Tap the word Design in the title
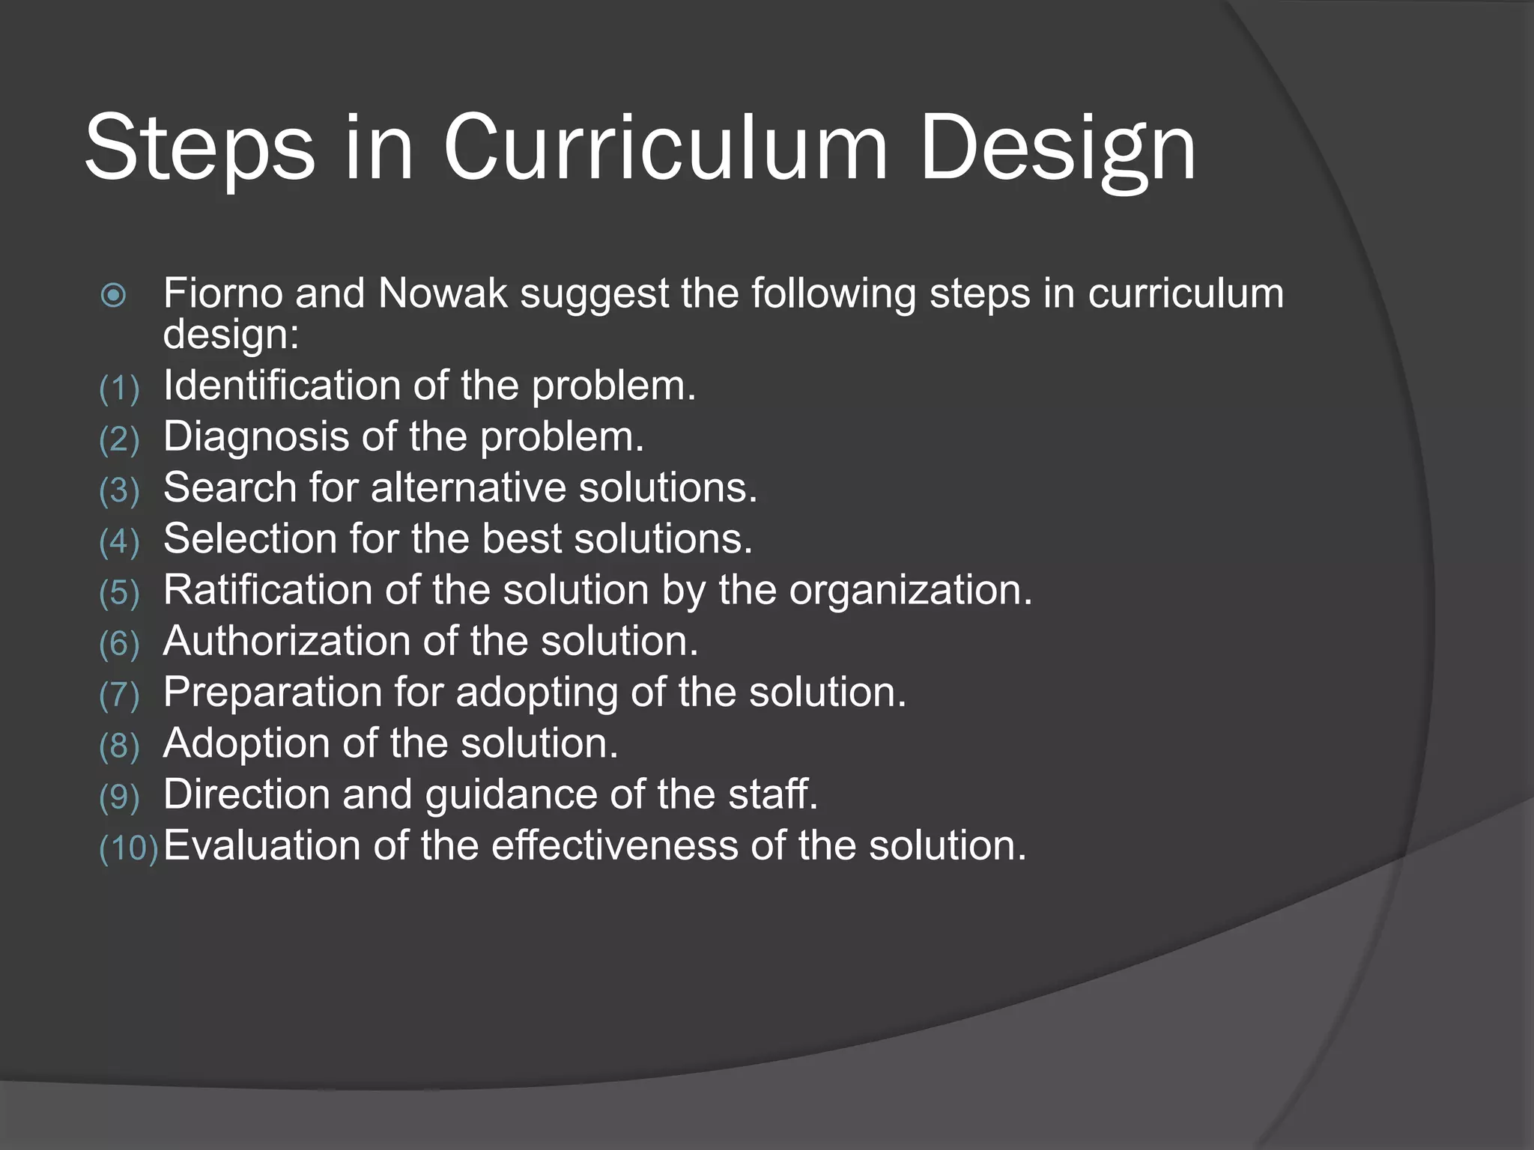coord(1058,150)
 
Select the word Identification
coord(282,386)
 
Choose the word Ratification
coord(267,589)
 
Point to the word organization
coord(910,591)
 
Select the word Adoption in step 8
coord(246,743)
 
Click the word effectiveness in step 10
coord(615,845)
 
